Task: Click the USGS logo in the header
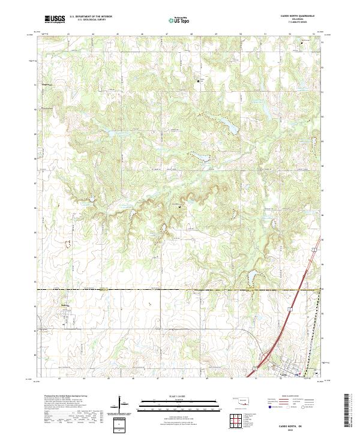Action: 55,20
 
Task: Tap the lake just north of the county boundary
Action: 252,278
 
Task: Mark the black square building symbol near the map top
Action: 200,80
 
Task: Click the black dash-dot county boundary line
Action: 150,290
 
